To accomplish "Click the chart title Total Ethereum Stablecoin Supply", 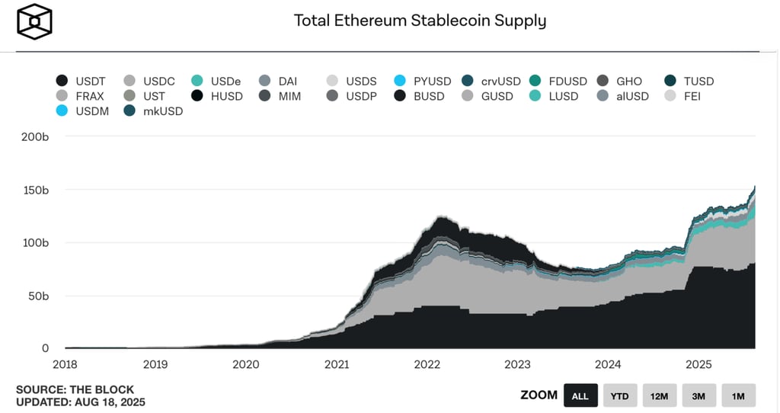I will click(420, 21).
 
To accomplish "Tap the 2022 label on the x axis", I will click(427, 365).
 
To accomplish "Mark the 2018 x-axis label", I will click(66, 365).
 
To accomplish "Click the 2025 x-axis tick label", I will click(700, 365).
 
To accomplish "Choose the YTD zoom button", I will click(620, 395).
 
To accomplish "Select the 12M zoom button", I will click(660, 395).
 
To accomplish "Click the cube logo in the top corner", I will click(34, 22).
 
